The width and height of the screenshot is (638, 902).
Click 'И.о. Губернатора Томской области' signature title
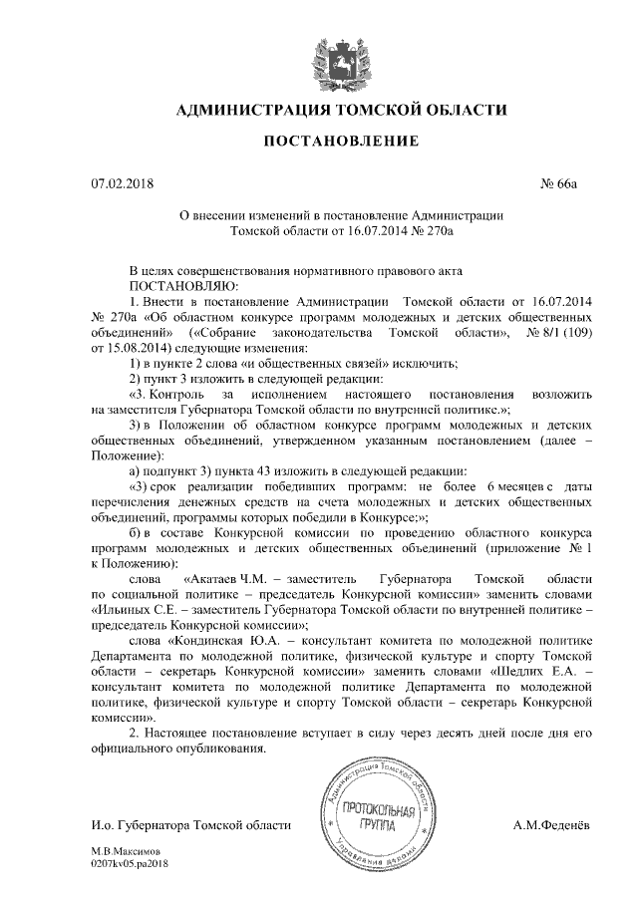[x=190, y=825]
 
